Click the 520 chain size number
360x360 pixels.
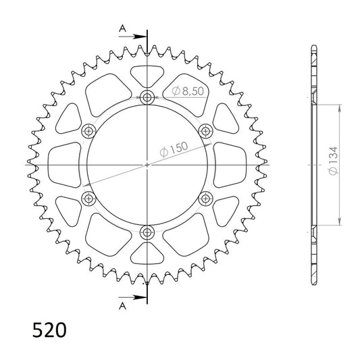coord(49,331)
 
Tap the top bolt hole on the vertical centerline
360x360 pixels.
coord(147,97)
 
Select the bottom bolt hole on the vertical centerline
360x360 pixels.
coord(147,232)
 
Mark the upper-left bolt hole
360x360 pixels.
coord(88,131)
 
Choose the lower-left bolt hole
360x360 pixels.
coord(88,198)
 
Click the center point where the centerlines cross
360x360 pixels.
coord(147,164)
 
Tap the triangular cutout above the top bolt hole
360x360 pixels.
coord(147,73)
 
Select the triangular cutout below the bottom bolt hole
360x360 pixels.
coord(147,256)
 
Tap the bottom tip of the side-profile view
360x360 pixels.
coord(313,283)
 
